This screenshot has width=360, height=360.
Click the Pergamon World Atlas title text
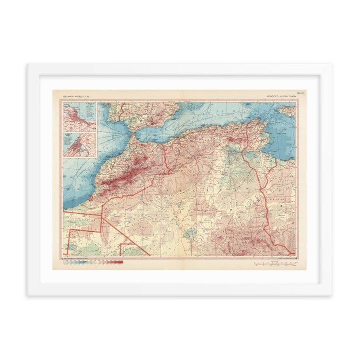73,94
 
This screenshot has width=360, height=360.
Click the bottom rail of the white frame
180,289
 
